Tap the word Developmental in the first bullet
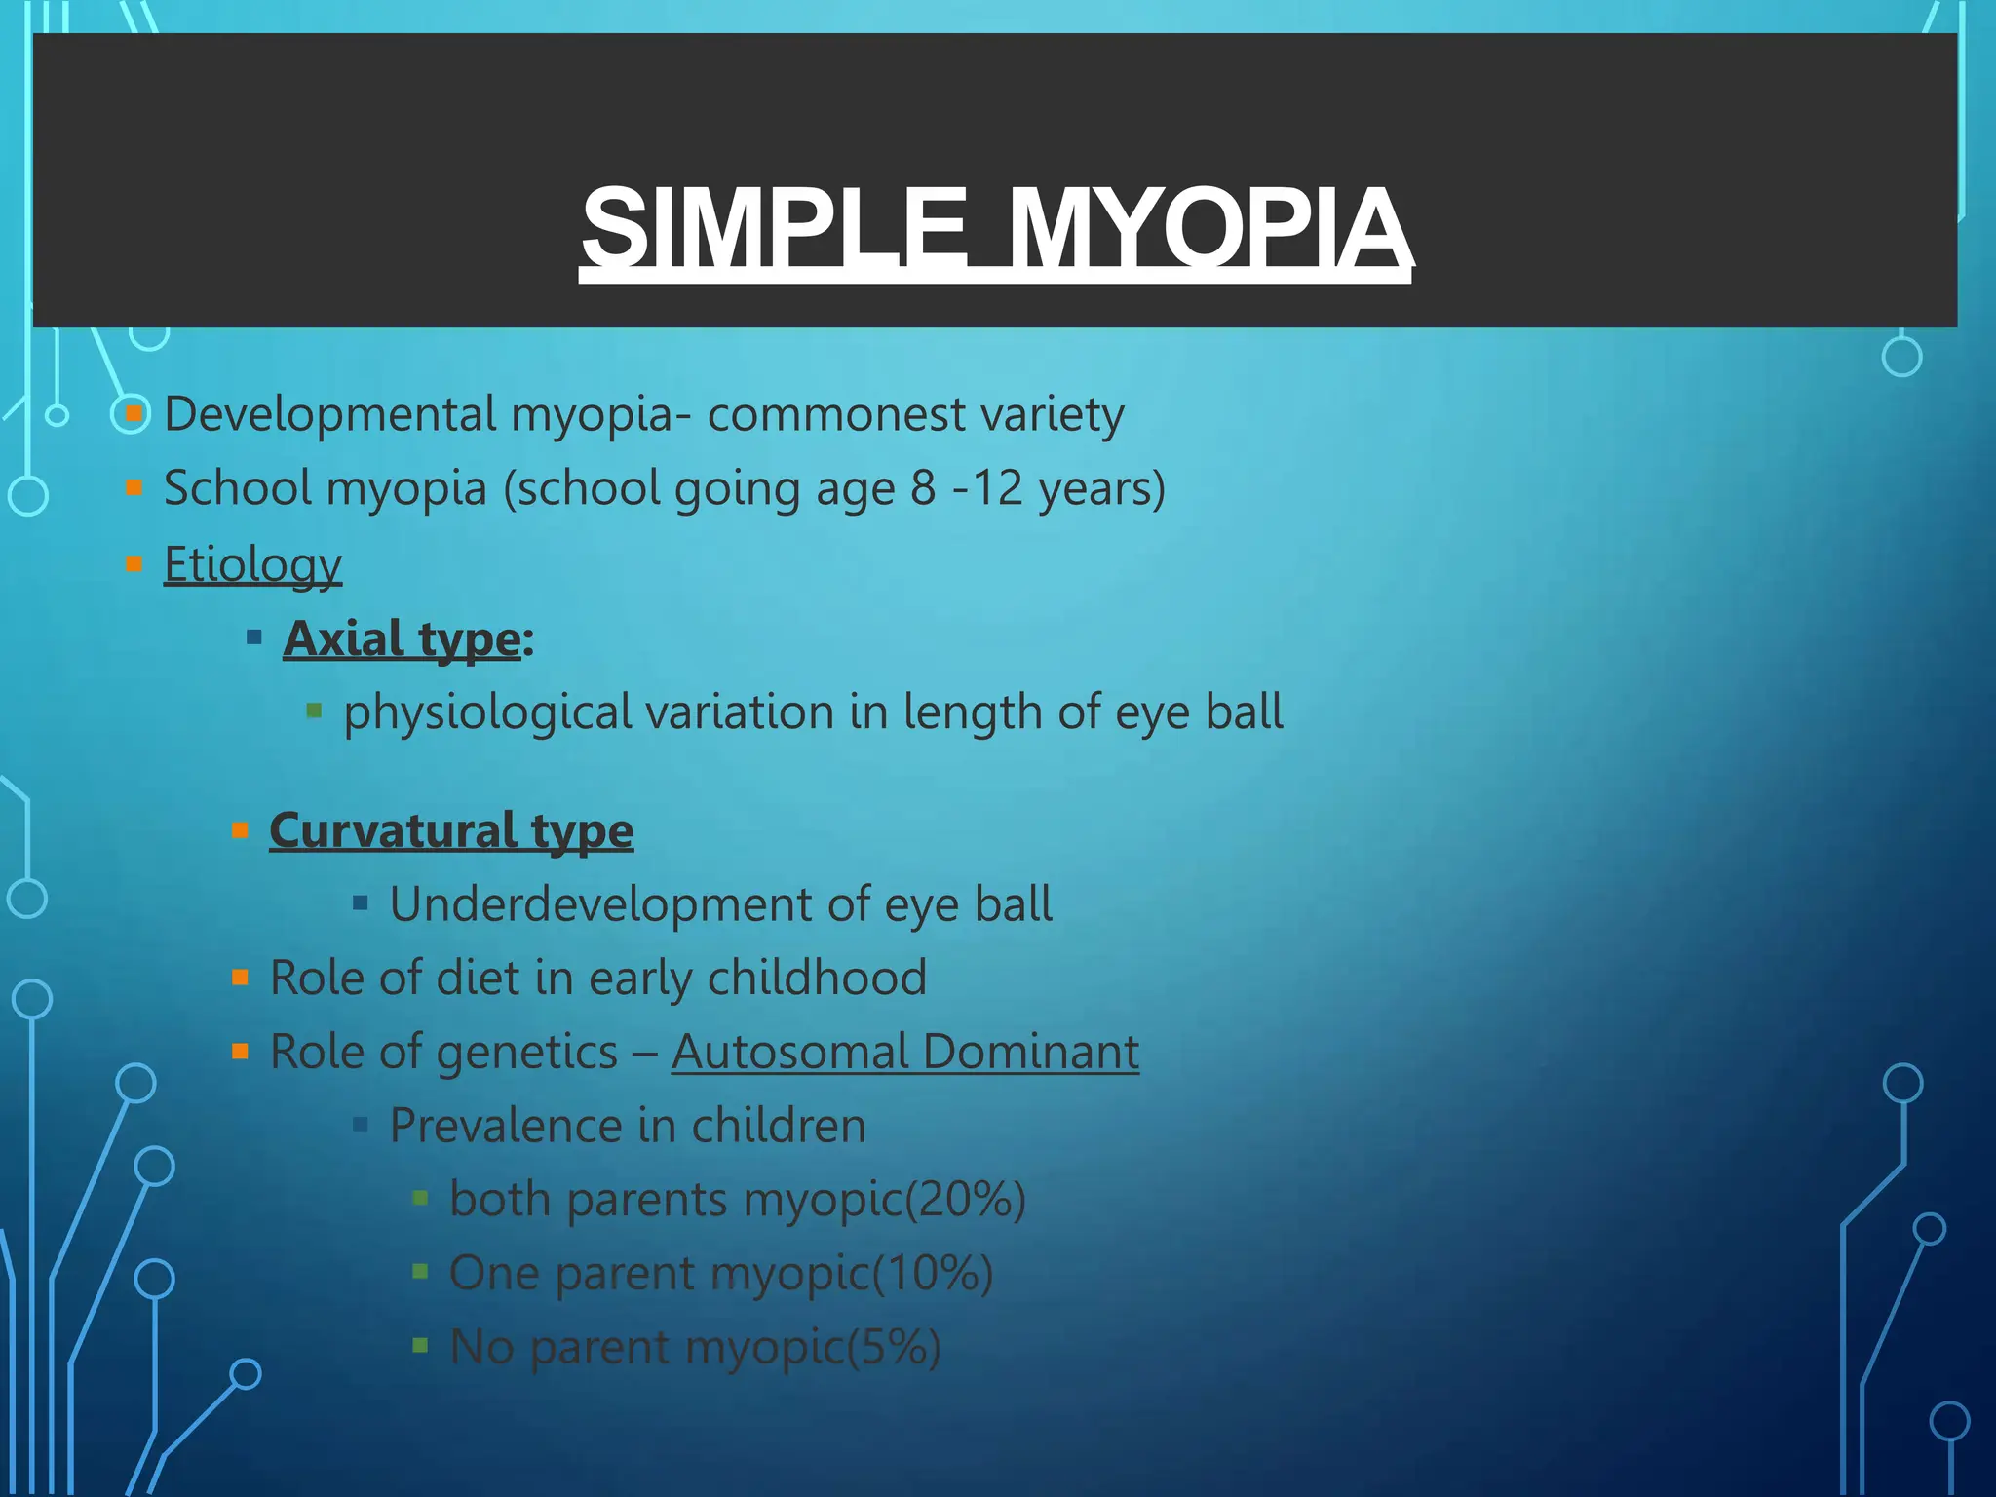coord(330,414)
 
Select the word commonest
coord(836,414)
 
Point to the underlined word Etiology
coord(252,565)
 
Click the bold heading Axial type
coord(402,639)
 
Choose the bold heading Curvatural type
coord(451,830)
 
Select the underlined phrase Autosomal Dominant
coord(904,1053)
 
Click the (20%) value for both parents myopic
coord(965,1200)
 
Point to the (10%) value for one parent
coord(932,1274)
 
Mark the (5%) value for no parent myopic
coord(894,1348)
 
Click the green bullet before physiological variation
coord(314,710)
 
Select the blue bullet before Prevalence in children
coord(361,1126)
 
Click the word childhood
coord(817,978)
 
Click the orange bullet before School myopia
coord(134,487)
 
